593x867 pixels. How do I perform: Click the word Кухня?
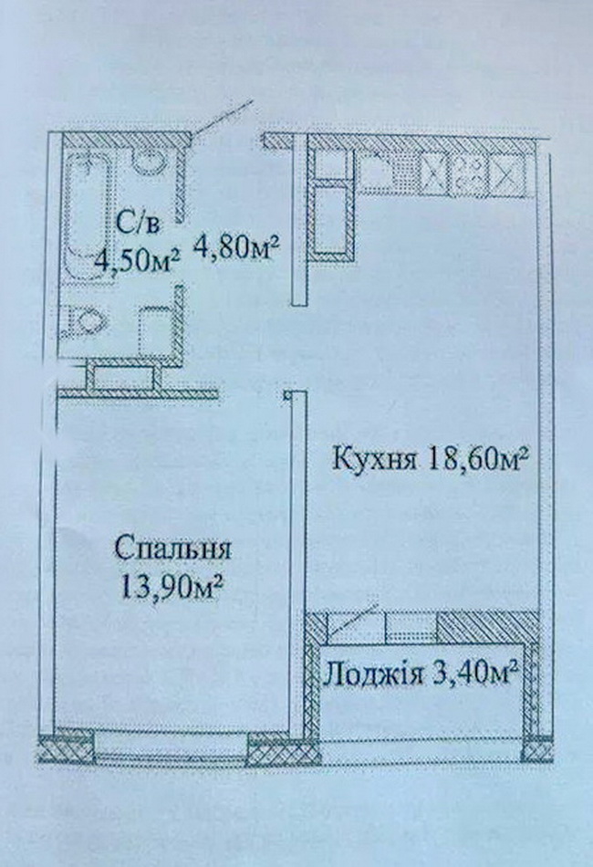(374, 459)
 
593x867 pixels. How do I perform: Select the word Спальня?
(172, 549)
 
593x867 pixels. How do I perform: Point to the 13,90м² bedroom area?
(171, 587)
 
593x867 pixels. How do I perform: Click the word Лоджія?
(374, 674)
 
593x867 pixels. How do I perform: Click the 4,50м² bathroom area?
(137, 258)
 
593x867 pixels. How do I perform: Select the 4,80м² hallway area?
(234, 246)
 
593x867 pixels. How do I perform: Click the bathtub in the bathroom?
(88, 215)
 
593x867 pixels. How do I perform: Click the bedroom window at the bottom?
(171, 747)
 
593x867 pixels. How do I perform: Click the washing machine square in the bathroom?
(156, 331)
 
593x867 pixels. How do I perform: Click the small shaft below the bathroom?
(123, 376)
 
